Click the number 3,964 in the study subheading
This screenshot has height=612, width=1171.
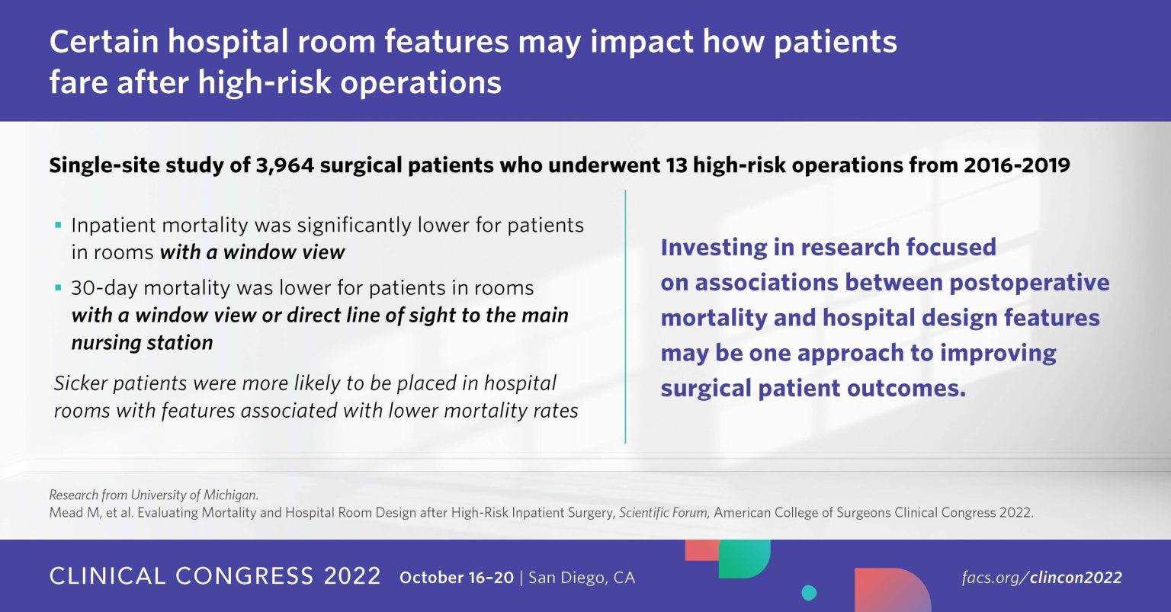[x=285, y=165]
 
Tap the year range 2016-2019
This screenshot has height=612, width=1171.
[x=1017, y=165]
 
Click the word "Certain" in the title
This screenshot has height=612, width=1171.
[x=104, y=42]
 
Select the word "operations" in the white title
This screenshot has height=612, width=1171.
[x=421, y=83]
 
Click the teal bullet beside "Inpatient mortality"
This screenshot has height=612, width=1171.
[x=58, y=226]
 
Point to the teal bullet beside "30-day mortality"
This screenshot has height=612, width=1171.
[x=58, y=288]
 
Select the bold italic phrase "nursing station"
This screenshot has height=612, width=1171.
[x=143, y=343]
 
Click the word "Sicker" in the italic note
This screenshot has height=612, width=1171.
[x=81, y=383]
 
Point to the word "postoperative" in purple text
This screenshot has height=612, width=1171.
[x=1029, y=284]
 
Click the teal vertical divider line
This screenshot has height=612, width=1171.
[x=625, y=317]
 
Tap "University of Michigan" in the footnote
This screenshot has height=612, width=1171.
[x=194, y=495]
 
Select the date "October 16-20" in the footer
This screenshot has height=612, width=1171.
[x=457, y=578]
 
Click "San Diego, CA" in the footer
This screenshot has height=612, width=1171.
[x=582, y=578]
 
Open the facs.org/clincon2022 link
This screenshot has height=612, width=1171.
[x=1042, y=578]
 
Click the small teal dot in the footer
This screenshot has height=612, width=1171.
[x=809, y=593]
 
